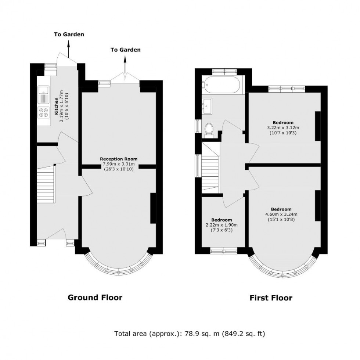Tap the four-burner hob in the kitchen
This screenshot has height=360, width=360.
(43, 112)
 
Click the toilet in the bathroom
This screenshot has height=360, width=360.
(209, 129)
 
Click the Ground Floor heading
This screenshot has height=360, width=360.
(95, 297)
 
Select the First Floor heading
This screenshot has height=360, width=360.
(271, 298)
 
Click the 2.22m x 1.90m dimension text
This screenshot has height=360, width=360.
(222, 225)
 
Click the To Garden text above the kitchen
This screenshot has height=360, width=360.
(69, 35)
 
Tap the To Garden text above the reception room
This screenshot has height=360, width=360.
(125, 50)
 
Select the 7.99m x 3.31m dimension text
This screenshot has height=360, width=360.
(116, 164)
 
